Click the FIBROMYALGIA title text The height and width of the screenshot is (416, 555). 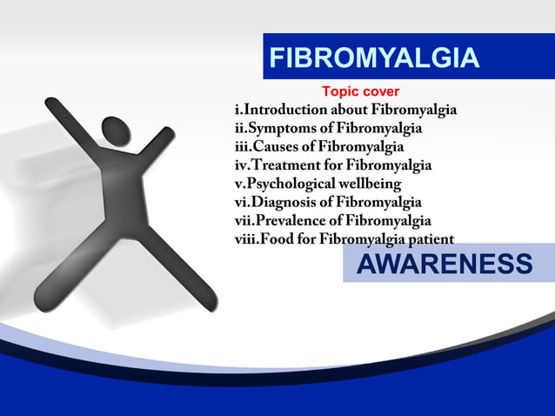(374, 57)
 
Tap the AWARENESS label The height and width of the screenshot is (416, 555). (444, 265)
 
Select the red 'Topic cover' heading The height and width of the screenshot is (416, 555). (360, 91)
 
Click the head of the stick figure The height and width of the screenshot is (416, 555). (116, 131)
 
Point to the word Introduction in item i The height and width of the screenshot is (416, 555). (285, 111)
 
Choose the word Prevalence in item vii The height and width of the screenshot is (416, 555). (292, 221)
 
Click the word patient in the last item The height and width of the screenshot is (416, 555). (428, 239)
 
